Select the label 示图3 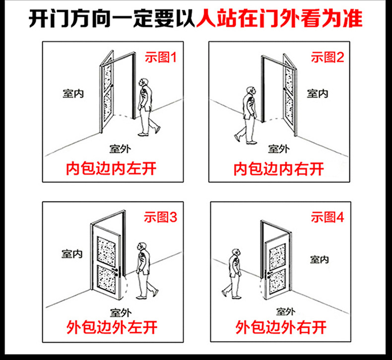(160, 217)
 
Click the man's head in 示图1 (143, 83)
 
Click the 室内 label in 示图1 (73, 94)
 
